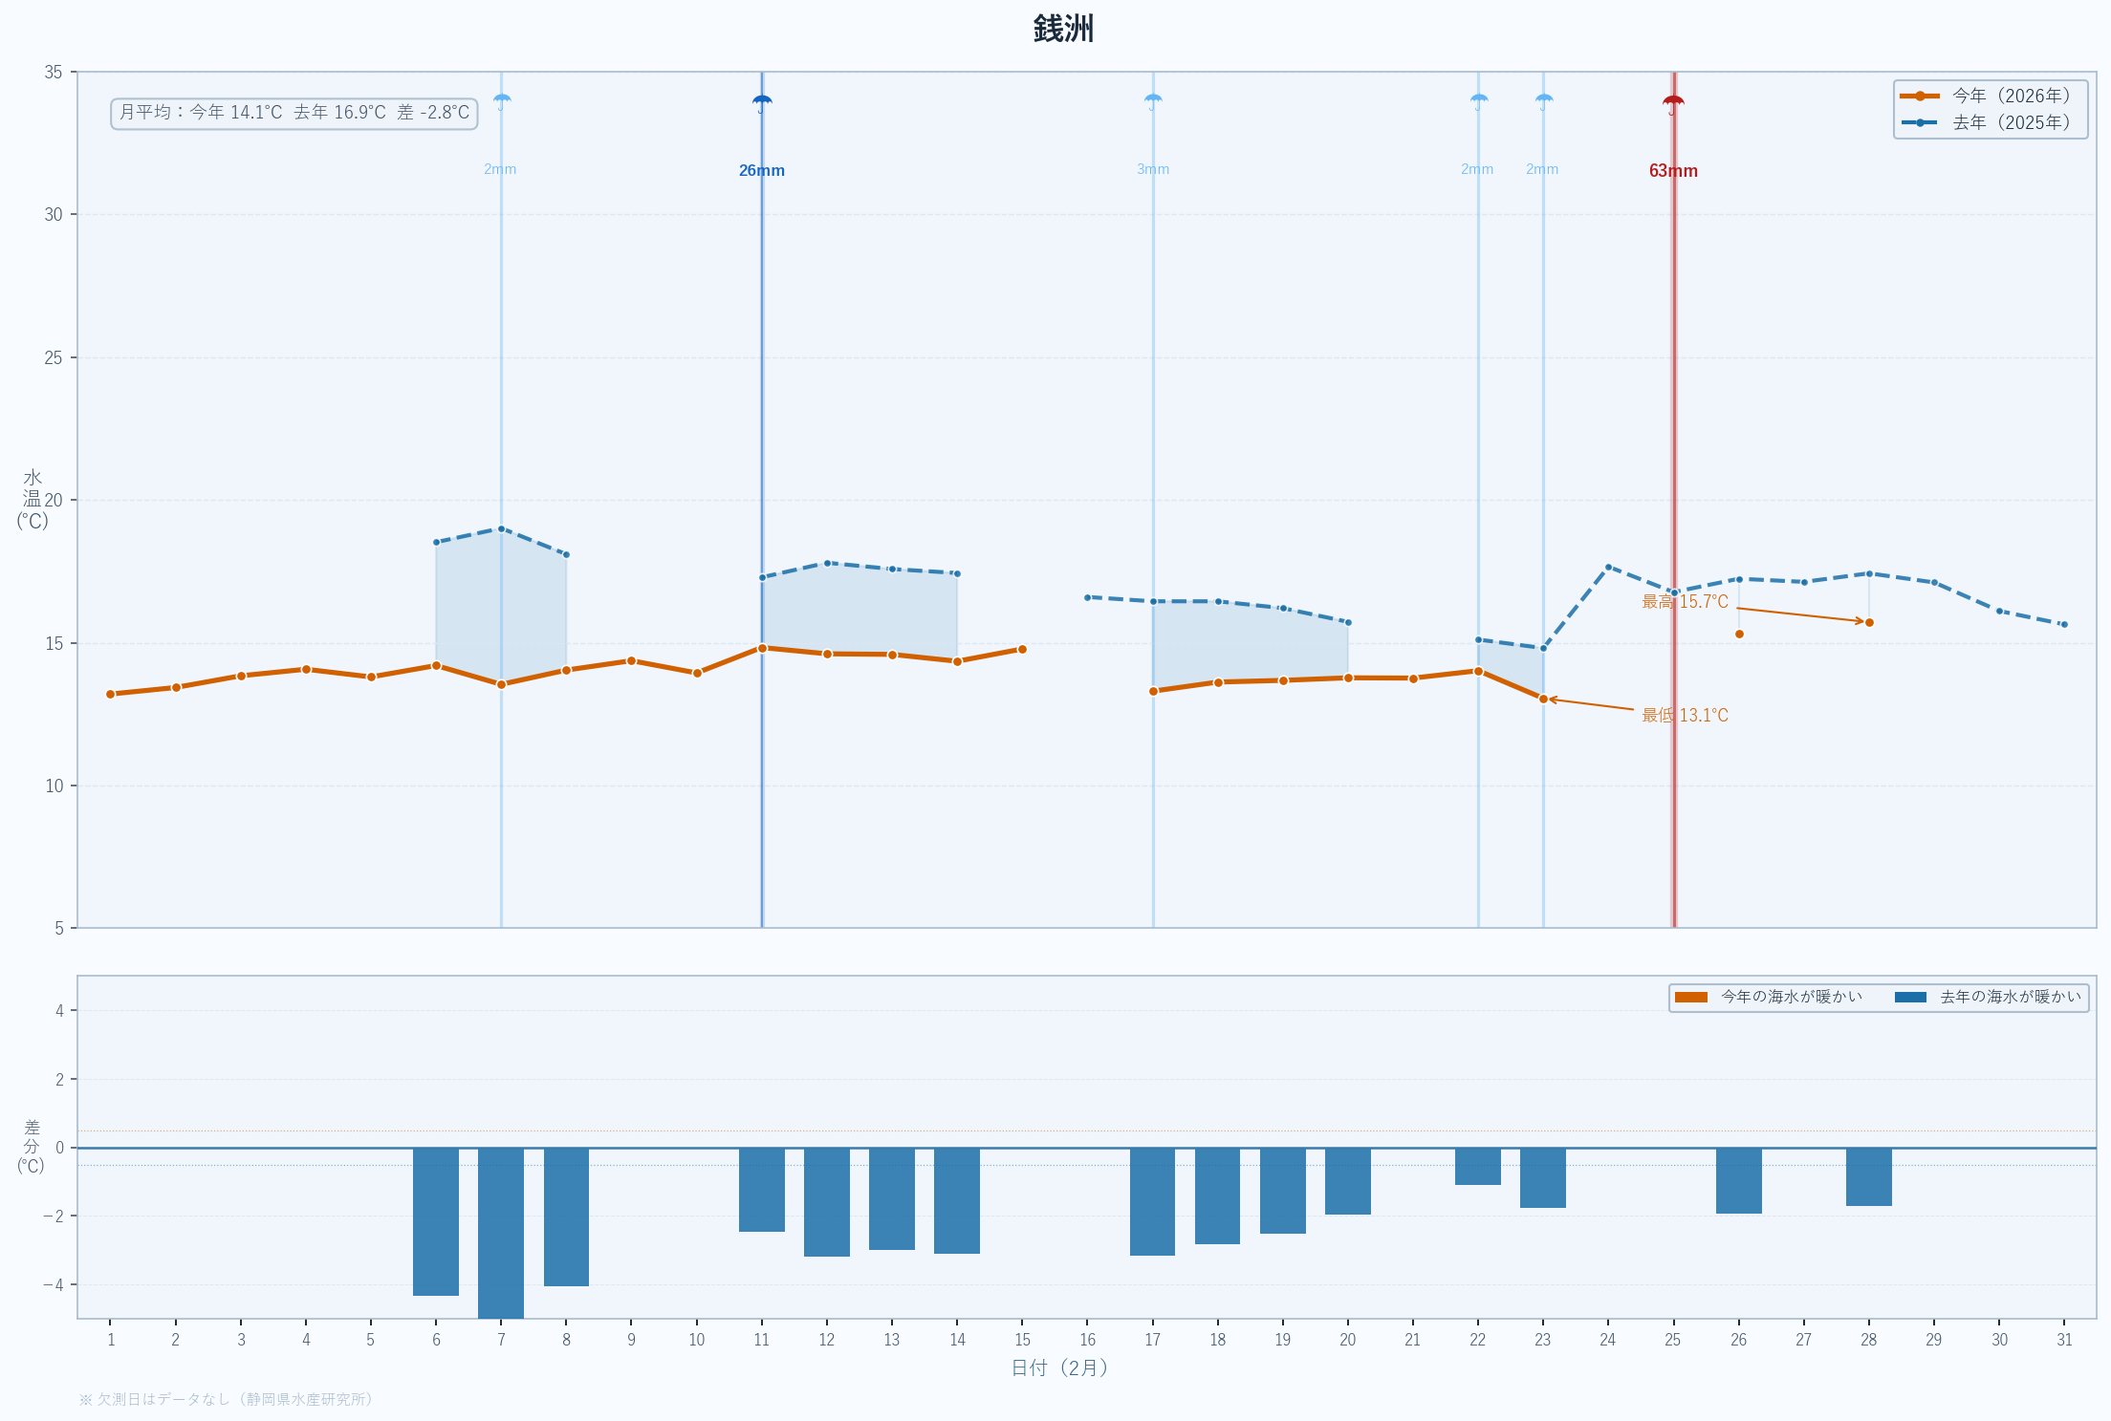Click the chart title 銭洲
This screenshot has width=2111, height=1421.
point(1063,29)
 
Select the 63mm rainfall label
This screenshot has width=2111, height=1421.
point(1673,171)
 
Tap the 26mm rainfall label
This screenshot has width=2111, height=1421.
point(761,171)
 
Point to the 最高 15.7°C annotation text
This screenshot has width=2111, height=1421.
point(1685,602)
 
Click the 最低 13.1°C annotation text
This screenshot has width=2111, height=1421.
point(1685,716)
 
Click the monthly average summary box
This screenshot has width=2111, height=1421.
point(294,113)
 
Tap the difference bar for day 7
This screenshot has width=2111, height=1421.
point(501,1232)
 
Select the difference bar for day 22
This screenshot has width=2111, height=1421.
point(1477,1166)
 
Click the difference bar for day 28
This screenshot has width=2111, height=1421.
point(1868,1176)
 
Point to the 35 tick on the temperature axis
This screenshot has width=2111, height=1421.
point(54,73)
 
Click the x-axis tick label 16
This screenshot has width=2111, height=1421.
point(1087,1340)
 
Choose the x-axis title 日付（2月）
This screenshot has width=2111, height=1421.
point(1059,1367)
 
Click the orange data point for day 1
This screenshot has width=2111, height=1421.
point(111,694)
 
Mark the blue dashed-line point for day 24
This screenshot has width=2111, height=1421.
point(1608,567)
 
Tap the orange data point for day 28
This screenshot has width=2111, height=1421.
point(1869,622)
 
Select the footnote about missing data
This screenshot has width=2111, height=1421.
point(226,1399)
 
